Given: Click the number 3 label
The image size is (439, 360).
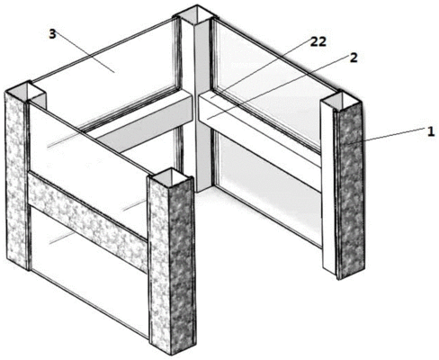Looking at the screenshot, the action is pyautogui.click(x=52, y=34).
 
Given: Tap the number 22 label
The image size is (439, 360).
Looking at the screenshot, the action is pyautogui.click(x=318, y=42).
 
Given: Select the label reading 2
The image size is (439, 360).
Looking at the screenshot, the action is pyautogui.click(x=354, y=58).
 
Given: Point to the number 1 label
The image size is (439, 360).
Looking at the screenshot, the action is pyautogui.click(x=431, y=132).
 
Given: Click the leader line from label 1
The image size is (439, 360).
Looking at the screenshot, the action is pyautogui.click(x=395, y=135).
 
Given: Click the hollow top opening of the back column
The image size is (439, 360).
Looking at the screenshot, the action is pyautogui.click(x=196, y=15).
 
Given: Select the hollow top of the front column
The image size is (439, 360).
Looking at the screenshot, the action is pyautogui.click(x=170, y=175).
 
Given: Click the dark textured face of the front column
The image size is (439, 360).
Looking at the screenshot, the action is pyautogui.click(x=182, y=267).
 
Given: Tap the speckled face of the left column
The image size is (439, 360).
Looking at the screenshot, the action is pyautogui.click(x=16, y=180).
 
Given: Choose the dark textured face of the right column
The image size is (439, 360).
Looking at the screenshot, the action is pyautogui.click(x=349, y=191).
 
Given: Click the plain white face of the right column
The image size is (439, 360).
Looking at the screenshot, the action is pyautogui.click(x=327, y=186).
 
